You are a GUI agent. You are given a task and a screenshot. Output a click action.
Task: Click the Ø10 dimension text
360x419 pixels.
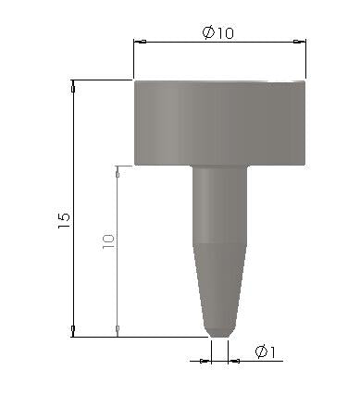click(x=218, y=32)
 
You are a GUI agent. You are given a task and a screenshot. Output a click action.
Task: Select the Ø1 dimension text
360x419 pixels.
click(x=267, y=351)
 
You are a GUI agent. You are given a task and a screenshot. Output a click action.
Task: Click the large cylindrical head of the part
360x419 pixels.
click(x=220, y=122)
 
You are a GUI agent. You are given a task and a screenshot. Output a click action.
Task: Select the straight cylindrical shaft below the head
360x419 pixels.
click(x=220, y=203)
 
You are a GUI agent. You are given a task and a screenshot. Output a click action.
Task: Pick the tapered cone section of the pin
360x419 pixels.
click(x=220, y=282)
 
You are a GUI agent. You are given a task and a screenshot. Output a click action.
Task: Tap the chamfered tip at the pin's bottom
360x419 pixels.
click(x=220, y=330)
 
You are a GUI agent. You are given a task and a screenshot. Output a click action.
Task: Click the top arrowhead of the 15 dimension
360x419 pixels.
click(x=73, y=86)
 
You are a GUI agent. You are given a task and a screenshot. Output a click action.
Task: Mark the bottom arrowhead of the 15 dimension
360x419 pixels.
click(x=73, y=330)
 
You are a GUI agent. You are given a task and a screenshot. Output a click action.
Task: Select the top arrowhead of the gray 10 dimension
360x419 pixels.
click(x=118, y=172)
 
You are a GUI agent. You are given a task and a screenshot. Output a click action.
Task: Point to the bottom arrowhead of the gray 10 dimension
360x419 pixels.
click(x=118, y=330)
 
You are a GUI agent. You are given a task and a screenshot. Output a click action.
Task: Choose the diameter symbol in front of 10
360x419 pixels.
click(x=208, y=32)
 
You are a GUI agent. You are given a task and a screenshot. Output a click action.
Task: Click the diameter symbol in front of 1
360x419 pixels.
click(x=260, y=351)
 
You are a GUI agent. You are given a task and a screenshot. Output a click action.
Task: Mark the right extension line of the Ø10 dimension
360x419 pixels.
click(x=306, y=60)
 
